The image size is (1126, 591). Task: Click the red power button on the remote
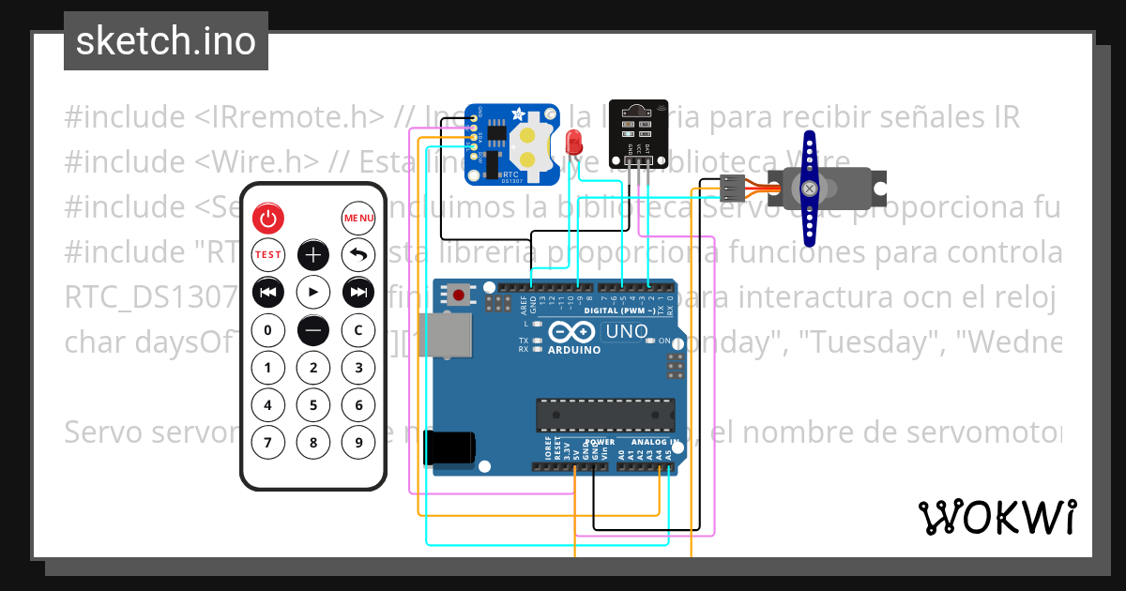268,219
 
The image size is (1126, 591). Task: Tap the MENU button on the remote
358,219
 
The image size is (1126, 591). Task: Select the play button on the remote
313,293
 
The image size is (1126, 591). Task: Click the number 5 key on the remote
313,405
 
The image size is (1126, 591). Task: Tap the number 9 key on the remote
358,442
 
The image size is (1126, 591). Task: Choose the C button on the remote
358,330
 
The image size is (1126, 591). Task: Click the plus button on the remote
313,255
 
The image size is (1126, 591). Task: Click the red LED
574,144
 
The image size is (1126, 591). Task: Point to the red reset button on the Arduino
459,295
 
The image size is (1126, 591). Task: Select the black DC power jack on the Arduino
449,447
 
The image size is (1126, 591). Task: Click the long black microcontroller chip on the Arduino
604,414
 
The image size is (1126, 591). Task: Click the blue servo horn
809,188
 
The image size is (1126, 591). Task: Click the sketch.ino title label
165,41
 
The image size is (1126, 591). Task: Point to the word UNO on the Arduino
626,332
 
